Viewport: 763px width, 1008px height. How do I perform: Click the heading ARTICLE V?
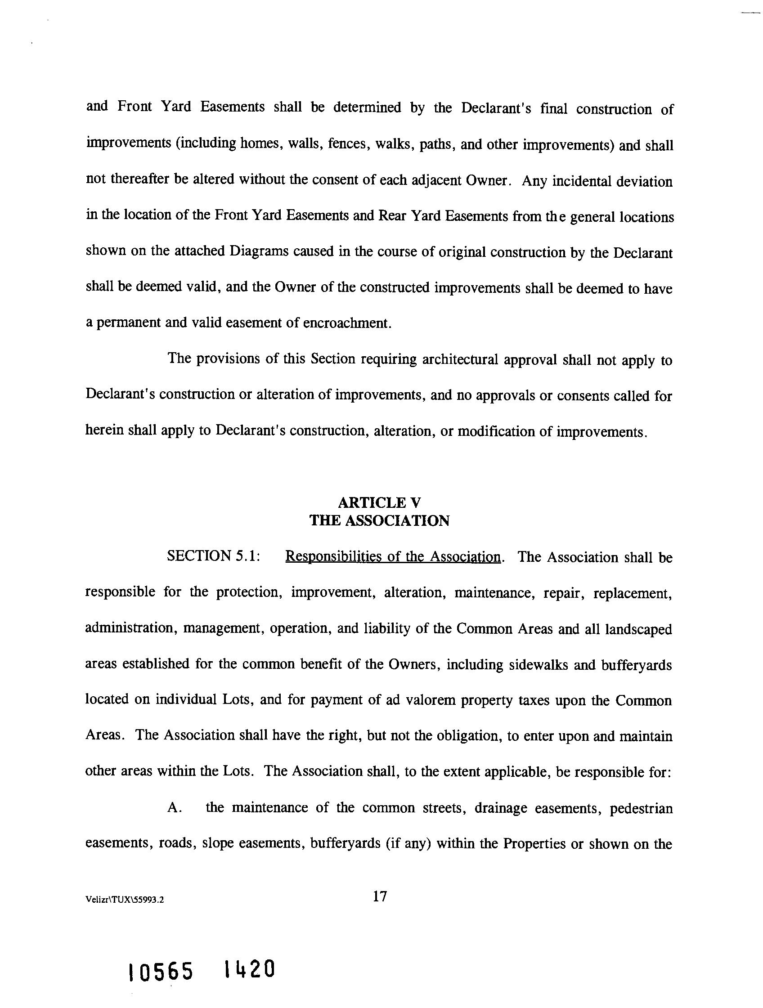(379, 502)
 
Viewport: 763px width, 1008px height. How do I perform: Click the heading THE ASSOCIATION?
(379, 520)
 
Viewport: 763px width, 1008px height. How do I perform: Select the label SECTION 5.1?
(213, 556)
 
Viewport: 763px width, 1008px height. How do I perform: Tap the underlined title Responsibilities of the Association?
(392, 557)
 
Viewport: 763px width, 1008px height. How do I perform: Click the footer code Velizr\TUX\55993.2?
(125, 900)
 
